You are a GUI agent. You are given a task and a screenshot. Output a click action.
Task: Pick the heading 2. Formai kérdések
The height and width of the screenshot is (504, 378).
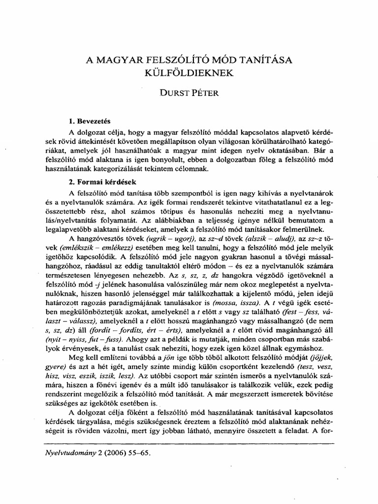[x=102, y=182]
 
